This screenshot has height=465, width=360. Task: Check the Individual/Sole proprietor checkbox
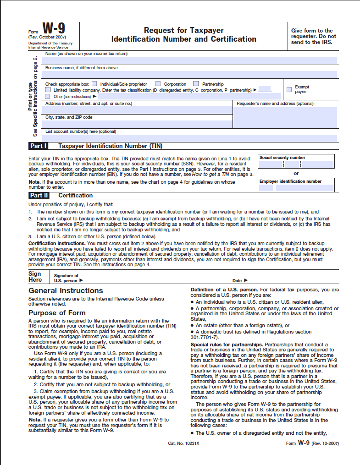pyautogui.click(x=94, y=84)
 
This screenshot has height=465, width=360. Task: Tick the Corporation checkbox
pyautogui.click(x=158, y=84)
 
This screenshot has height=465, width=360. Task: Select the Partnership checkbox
pyautogui.click(x=196, y=84)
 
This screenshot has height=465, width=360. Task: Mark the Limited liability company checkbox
pyautogui.click(x=48, y=90)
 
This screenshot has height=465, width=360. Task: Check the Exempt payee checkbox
pyautogui.click(x=289, y=89)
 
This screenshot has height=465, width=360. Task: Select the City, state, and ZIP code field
pyautogui.click(x=138, y=124)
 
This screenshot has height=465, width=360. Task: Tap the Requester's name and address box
pyautogui.click(x=285, y=117)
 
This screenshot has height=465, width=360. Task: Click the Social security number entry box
pyautogui.click(x=296, y=164)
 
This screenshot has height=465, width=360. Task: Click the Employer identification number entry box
pyautogui.click(x=296, y=188)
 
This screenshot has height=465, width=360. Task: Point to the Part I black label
pyautogui.click(x=39, y=146)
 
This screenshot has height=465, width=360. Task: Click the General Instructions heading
pyautogui.click(x=66, y=290)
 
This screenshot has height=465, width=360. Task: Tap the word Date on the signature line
pyautogui.click(x=237, y=280)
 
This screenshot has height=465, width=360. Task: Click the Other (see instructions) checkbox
pyautogui.click(x=48, y=97)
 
